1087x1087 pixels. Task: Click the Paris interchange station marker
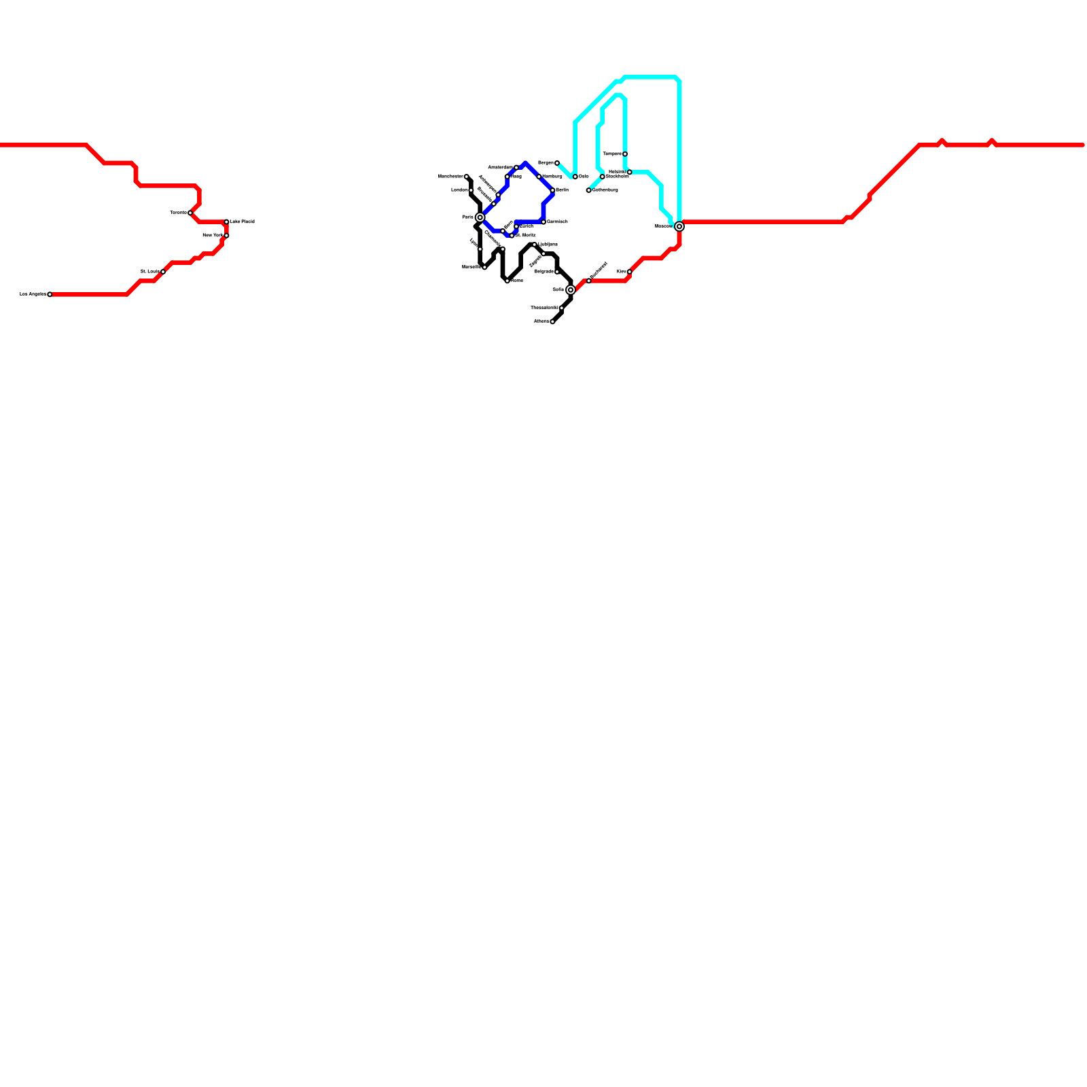(480, 217)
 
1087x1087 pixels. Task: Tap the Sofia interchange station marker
(571, 289)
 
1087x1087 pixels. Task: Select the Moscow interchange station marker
(679, 226)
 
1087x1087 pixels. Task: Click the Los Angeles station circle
(50, 294)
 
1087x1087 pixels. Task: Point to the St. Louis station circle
(163, 272)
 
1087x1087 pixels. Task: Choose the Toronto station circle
(190, 213)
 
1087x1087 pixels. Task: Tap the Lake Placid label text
(243, 221)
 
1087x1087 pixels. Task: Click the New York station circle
(226, 236)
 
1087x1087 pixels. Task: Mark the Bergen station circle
(557, 163)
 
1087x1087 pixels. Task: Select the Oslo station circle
(575, 177)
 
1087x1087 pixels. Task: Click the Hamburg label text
(552, 176)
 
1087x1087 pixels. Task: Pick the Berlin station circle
(552, 190)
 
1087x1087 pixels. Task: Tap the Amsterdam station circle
(516, 167)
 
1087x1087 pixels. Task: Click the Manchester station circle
(467, 177)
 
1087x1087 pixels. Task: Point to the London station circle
(471, 190)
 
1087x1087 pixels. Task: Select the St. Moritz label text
(526, 235)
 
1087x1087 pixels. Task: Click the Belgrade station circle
(557, 272)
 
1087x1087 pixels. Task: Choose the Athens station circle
(552, 321)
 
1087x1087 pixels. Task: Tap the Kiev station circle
(630, 272)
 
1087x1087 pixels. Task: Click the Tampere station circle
(625, 154)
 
